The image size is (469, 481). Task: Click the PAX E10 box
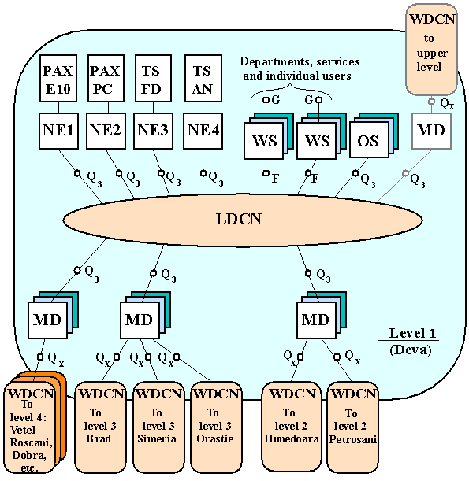[x=58, y=78]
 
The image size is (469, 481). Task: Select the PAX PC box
[x=106, y=78]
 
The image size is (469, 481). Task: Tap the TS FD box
[x=153, y=78]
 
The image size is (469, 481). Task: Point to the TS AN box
[x=203, y=78]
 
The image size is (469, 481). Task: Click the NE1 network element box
[x=58, y=131]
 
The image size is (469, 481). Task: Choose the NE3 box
[x=153, y=131]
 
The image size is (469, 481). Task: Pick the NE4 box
[x=203, y=131]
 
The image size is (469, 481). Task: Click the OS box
[x=369, y=141]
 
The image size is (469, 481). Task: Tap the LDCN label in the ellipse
[x=239, y=219]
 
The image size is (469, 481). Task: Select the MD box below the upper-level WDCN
[x=431, y=131]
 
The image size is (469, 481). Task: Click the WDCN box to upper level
[x=431, y=49]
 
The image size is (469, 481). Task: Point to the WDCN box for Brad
[x=100, y=427]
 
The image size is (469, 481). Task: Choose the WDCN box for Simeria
[x=158, y=427]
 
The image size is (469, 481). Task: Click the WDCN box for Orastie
[x=216, y=427]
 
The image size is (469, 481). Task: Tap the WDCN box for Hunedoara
[x=292, y=427]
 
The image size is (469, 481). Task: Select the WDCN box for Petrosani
[x=352, y=427]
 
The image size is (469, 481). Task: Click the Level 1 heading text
[x=412, y=333]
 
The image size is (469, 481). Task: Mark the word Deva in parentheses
[x=411, y=350]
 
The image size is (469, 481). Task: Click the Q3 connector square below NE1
[x=77, y=173]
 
